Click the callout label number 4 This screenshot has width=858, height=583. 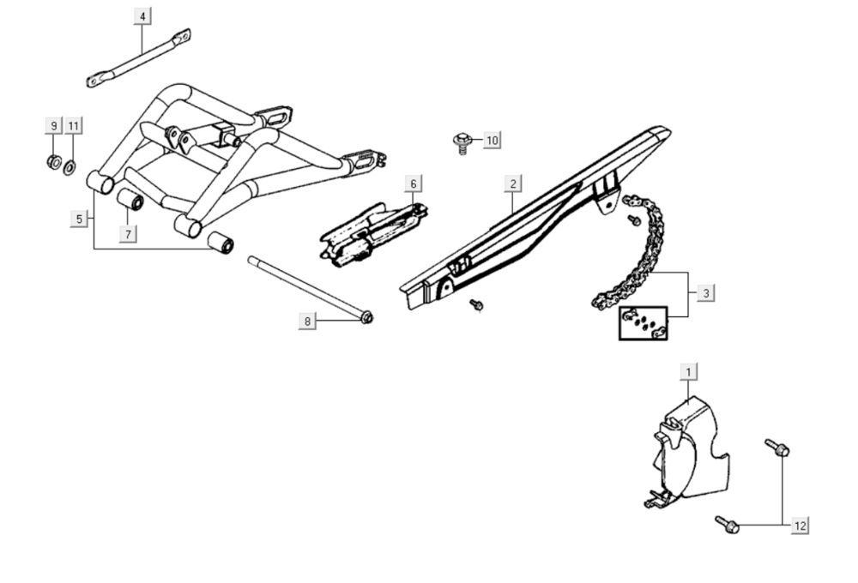[x=142, y=16]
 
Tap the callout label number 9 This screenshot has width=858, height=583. [x=53, y=126]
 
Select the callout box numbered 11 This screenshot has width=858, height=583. [x=74, y=126]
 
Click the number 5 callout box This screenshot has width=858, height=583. [x=79, y=219]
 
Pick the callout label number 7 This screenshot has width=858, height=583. [x=128, y=234]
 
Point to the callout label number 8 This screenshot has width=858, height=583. [x=307, y=322]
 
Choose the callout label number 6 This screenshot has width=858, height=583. [x=414, y=183]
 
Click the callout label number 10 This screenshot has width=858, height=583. [x=492, y=141]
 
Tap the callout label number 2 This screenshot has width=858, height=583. [x=513, y=183]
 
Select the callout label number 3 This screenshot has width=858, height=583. [x=706, y=293]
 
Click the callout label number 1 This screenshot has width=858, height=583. [x=688, y=372]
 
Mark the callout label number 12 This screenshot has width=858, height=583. [x=800, y=526]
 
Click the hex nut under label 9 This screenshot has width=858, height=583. [x=54, y=162]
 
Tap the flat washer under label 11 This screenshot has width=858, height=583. [x=69, y=167]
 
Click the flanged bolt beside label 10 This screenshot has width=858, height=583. [x=463, y=142]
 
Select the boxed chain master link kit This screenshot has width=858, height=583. [x=643, y=323]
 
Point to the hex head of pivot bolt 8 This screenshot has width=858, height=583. [x=367, y=317]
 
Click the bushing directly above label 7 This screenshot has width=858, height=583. [x=130, y=199]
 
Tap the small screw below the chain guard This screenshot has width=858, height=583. [x=476, y=304]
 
